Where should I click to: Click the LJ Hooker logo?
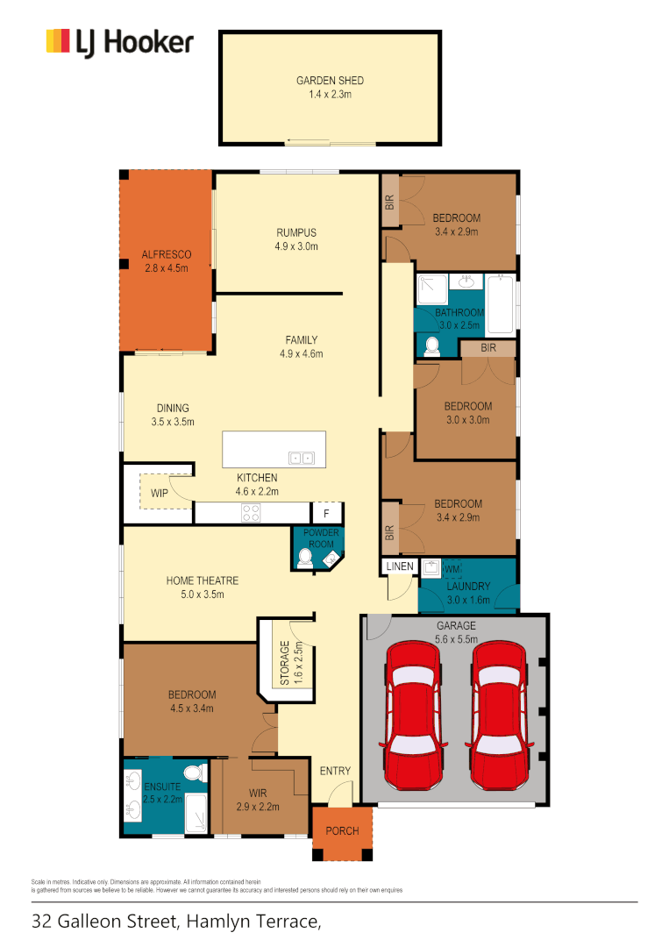click(119, 42)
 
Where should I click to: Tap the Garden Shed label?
click(330, 81)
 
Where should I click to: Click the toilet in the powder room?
click(304, 558)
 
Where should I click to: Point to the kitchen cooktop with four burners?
click(251, 514)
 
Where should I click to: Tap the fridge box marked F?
click(326, 514)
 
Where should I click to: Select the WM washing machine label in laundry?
click(452, 569)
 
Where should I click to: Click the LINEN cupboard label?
click(399, 567)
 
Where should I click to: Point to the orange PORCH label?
click(342, 830)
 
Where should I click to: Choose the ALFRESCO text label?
click(166, 255)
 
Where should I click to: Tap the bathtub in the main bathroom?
click(501, 304)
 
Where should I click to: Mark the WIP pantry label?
click(160, 494)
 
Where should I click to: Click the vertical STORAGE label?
click(284, 665)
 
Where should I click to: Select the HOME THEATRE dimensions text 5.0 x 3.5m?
click(203, 595)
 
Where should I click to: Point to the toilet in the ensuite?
click(195, 773)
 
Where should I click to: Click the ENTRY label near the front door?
click(335, 771)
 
